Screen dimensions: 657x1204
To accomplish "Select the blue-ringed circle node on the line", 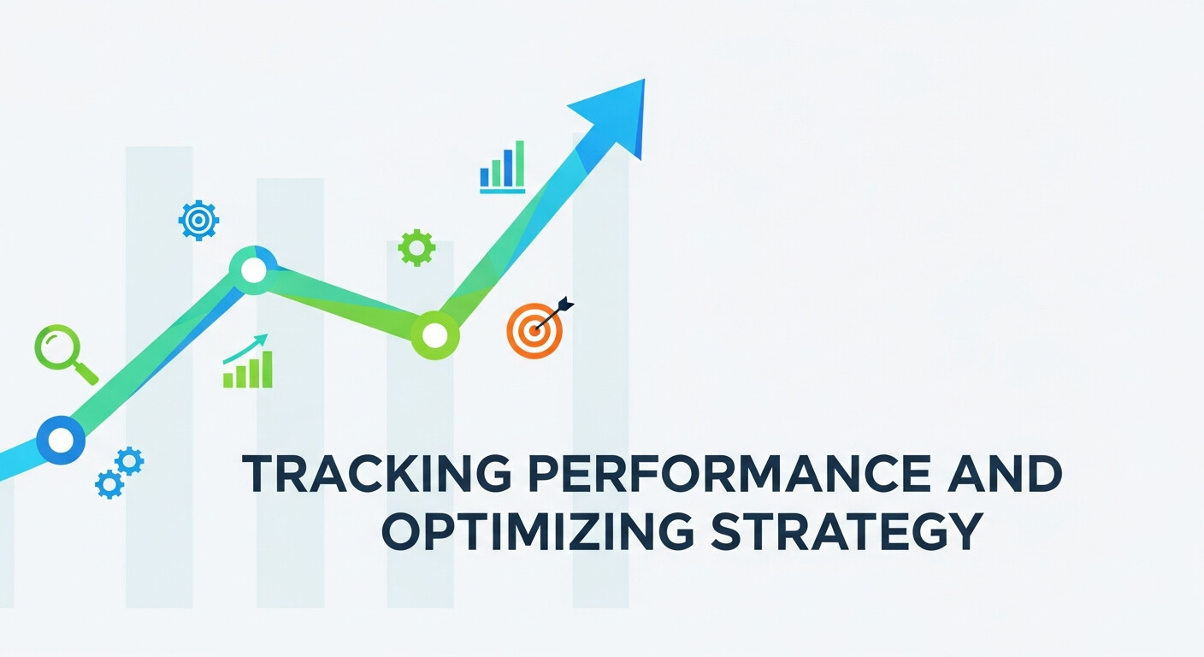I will click(x=61, y=440).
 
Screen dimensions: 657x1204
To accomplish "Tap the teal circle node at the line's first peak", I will click(x=253, y=270).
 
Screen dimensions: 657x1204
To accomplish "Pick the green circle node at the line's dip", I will click(x=434, y=335).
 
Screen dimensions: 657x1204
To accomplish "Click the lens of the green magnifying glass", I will click(x=56, y=348).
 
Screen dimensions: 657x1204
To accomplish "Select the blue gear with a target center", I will click(x=198, y=221).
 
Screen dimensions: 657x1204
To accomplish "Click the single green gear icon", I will click(x=416, y=247).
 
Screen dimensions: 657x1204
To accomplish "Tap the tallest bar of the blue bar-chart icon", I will click(x=519, y=164).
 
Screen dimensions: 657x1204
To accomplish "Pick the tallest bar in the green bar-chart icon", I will click(x=267, y=369).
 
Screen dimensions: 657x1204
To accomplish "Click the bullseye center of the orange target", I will click(x=534, y=330).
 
